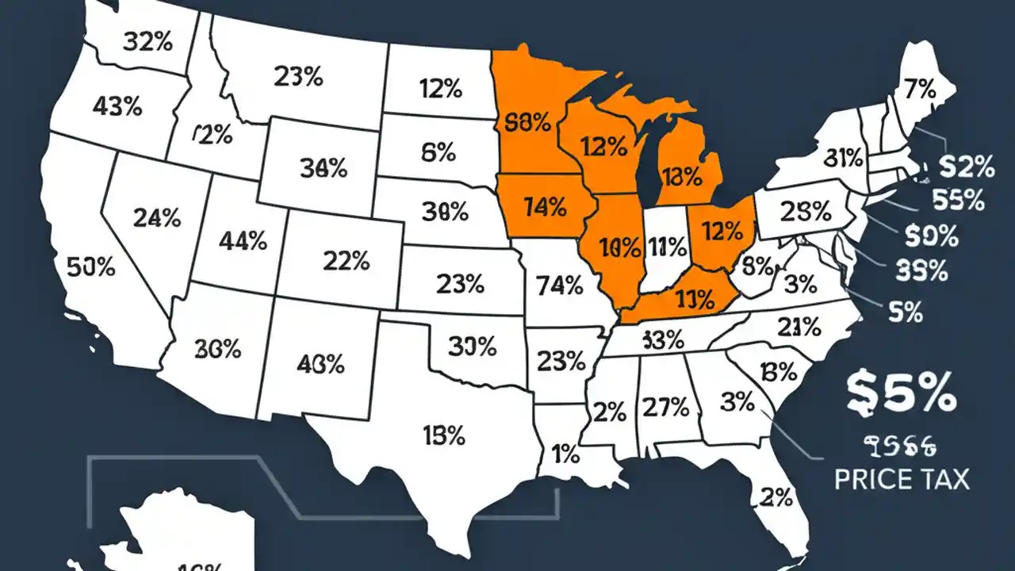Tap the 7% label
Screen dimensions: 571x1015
coord(921,90)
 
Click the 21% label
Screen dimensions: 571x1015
coord(799,326)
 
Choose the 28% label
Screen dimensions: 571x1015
coord(806,212)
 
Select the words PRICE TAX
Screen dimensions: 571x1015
coord(902,479)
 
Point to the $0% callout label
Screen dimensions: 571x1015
coord(932,236)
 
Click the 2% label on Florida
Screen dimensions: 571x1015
coord(776,497)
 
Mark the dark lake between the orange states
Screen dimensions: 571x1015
coord(650,159)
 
